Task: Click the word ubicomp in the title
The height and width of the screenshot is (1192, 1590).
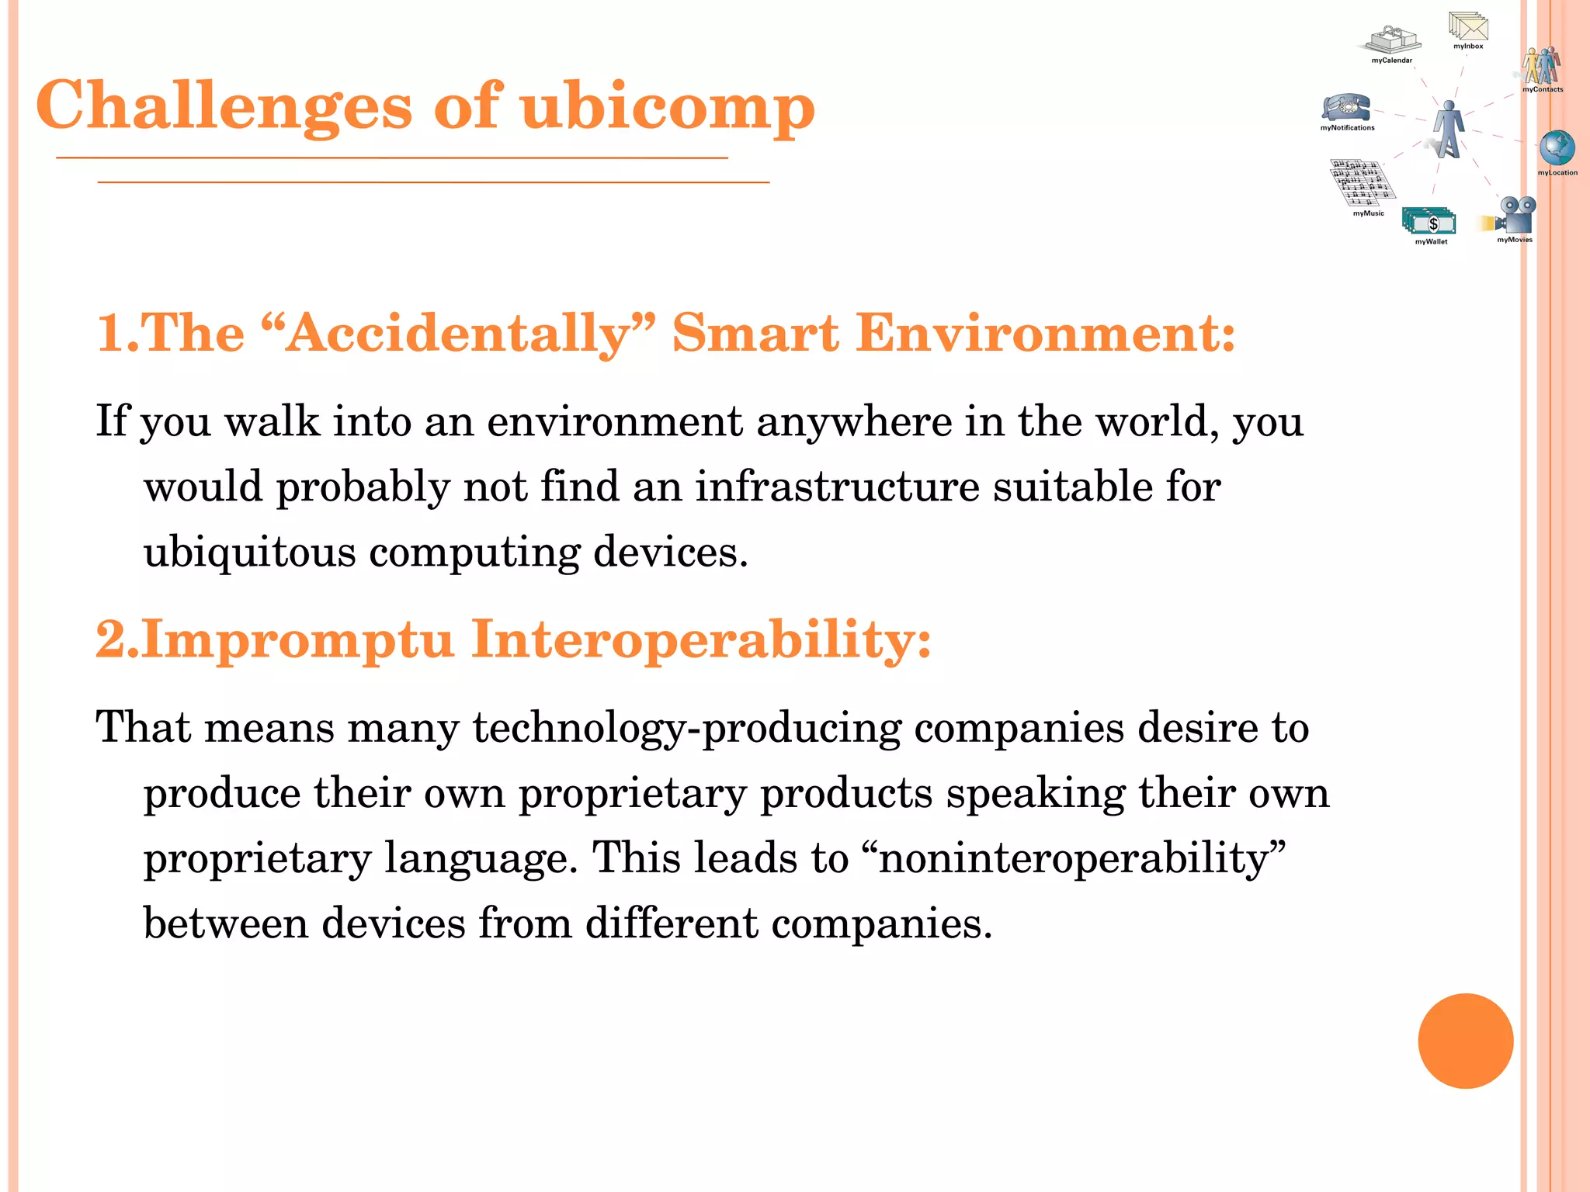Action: point(668,107)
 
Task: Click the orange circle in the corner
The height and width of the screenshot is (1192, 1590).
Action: point(1465,1041)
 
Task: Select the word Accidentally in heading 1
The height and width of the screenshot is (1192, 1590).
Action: point(458,334)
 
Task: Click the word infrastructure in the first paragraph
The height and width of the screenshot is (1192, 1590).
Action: point(837,487)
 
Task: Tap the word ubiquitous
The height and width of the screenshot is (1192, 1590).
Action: point(249,553)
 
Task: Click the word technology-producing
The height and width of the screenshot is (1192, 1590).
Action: point(687,729)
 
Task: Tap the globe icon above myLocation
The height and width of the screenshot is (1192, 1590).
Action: point(1557,147)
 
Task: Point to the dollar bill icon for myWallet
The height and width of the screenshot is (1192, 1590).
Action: point(1429,222)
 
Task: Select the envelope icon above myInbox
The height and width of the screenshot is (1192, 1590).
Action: point(1468,26)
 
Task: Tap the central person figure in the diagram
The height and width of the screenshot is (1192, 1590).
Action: point(1446,129)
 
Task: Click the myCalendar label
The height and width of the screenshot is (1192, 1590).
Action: point(1391,61)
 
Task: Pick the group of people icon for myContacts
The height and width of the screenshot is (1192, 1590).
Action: point(1541,66)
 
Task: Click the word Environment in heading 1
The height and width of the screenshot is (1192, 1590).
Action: point(1044,334)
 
